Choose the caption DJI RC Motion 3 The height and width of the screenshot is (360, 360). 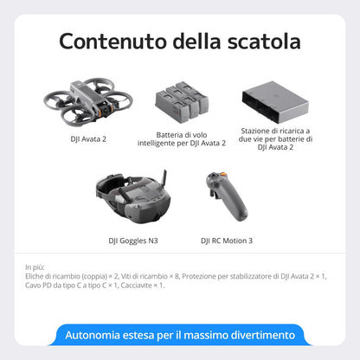coord(226,240)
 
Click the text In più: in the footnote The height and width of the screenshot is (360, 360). coord(36,267)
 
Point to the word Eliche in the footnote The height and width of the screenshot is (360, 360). coord(37,276)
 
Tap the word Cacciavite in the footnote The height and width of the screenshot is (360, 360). coord(138,285)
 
